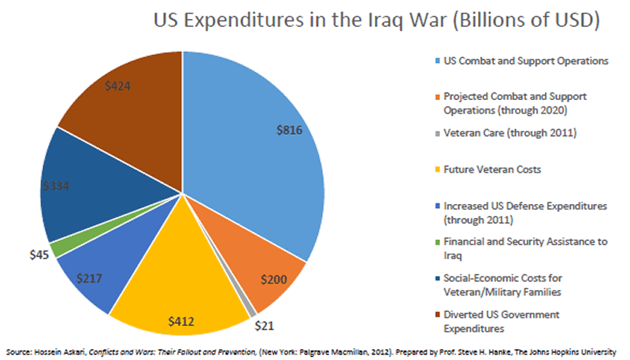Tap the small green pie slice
pyautogui.click(x=55, y=247)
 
